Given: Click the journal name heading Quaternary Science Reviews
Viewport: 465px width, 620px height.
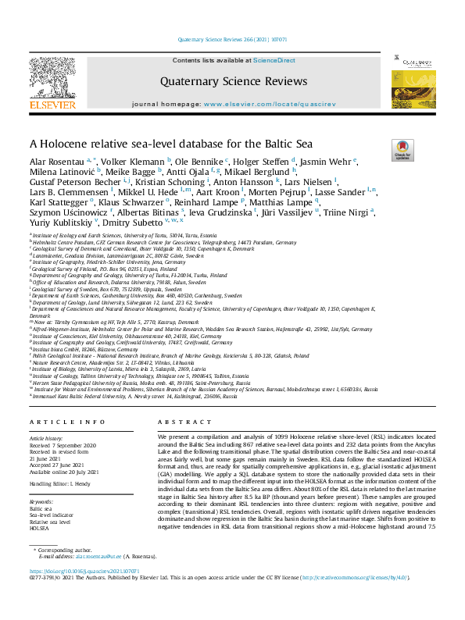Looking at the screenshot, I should (234, 80).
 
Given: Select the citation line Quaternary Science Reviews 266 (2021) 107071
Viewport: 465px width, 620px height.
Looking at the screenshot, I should (232, 38).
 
